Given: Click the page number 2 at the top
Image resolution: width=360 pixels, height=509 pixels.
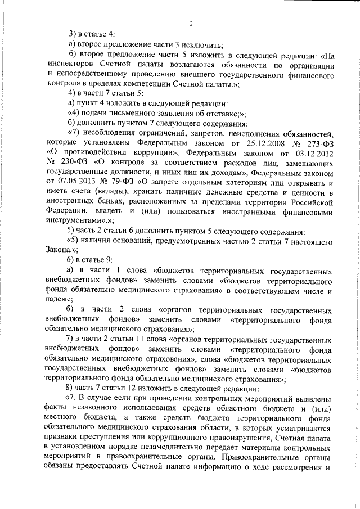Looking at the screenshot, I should point(191,23).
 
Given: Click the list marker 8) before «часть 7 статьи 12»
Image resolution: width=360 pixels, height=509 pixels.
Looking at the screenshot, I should point(71,390).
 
